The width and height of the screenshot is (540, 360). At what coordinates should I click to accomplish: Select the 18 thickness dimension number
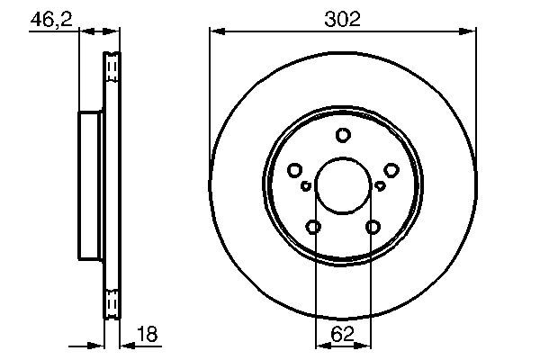(146, 335)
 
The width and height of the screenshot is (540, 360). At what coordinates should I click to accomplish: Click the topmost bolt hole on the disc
(343, 135)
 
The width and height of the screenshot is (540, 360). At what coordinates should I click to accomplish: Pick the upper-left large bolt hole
(294, 170)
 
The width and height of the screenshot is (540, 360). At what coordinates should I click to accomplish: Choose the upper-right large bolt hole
(391, 170)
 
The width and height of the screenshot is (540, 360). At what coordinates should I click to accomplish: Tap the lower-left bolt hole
(313, 227)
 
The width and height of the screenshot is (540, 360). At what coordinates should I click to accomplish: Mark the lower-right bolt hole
(373, 227)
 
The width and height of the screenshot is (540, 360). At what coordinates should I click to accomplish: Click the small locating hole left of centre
(306, 186)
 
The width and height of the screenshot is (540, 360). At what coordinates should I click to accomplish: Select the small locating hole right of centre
(380, 186)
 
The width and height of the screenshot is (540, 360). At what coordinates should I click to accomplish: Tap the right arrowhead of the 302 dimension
(471, 31)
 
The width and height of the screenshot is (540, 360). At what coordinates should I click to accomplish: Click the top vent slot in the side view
(112, 67)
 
